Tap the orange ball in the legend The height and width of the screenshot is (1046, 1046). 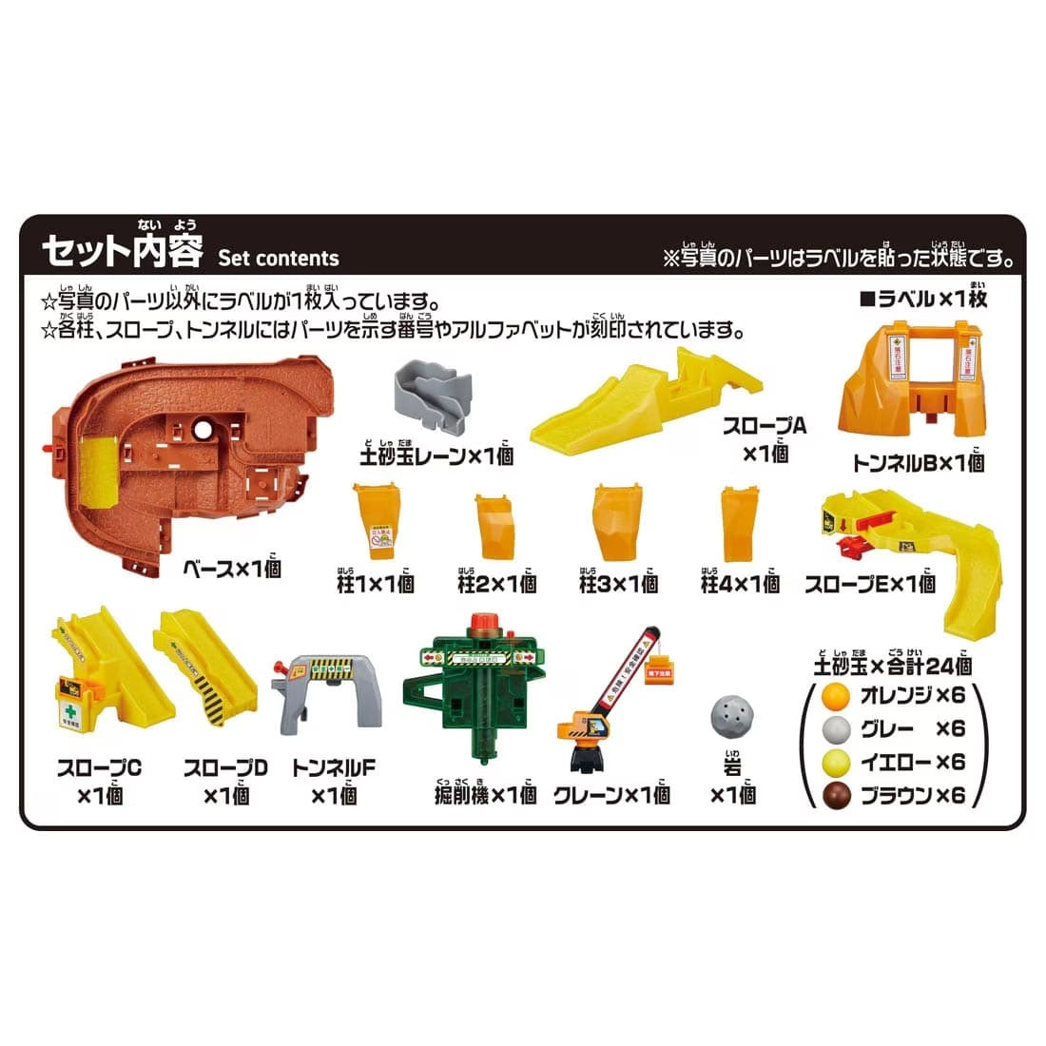coord(835,696)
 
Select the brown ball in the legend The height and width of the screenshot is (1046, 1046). coord(835,796)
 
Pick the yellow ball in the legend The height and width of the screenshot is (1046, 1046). coord(835,763)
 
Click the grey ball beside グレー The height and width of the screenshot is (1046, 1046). coord(835,729)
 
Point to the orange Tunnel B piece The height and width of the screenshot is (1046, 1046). coord(912,390)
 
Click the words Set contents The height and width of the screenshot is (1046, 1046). coord(278,259)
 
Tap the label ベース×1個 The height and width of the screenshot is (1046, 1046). coord(232,569)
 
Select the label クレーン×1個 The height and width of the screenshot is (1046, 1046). coord(611,795)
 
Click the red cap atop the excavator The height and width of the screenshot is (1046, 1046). coord(483,621)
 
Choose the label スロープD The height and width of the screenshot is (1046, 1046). coord(225,768)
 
